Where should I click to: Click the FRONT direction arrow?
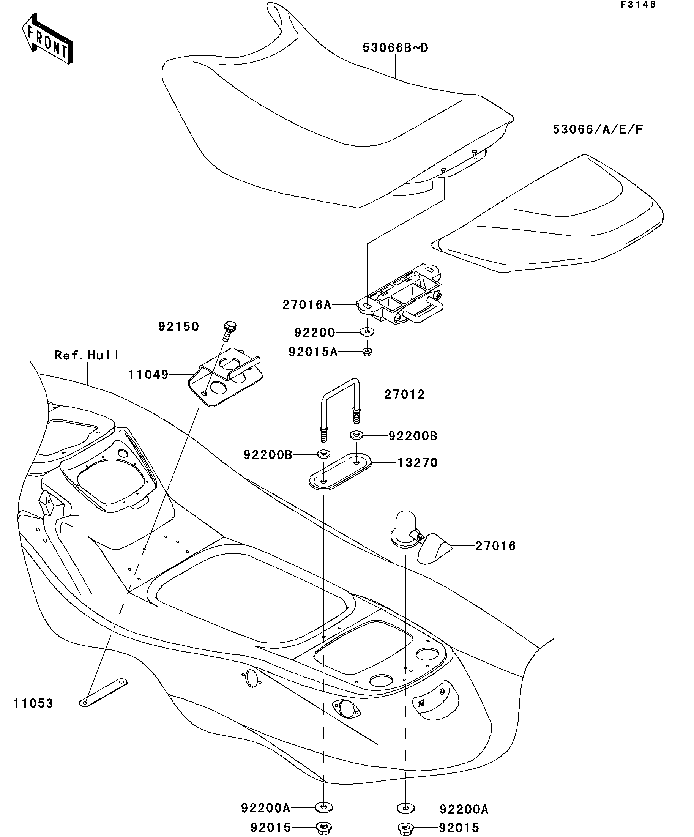[x=47, y=39]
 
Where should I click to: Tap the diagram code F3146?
[x=638, y=5]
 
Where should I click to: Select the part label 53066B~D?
[x=395, y=48]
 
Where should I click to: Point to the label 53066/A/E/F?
[x=598, y=129]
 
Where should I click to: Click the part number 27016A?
[x=307, y=305]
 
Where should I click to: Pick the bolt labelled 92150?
[x=229, y=330]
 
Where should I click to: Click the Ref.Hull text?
[x=87, y=355]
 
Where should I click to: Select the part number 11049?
[x=149, y=375]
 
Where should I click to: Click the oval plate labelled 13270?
[x=341, y=471]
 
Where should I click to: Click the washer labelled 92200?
[x=367, y=331]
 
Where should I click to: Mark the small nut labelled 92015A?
[x=367, y=352]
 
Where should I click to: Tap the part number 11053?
[x=33, y=703]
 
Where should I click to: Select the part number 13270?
[x=418, y=463]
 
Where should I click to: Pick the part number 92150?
[x=178, y=327]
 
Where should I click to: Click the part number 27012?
[x=405, y=395]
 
